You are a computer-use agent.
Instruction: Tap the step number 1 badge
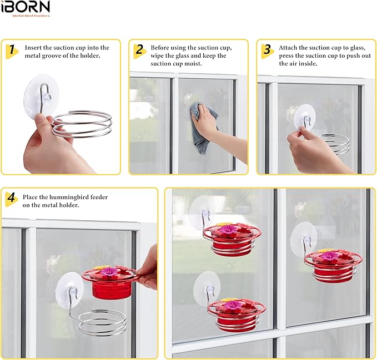[x=12, y=50]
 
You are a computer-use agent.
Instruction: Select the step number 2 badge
[x=140, y=50]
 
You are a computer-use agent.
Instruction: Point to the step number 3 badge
[x=268, y=50]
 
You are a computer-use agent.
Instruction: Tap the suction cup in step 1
[x=41, y=94]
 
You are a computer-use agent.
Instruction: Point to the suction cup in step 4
[x=69, y=287]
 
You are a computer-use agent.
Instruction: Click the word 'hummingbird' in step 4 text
[x=77, y=197]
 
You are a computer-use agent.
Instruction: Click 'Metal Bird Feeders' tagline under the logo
[x=31, y=16]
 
